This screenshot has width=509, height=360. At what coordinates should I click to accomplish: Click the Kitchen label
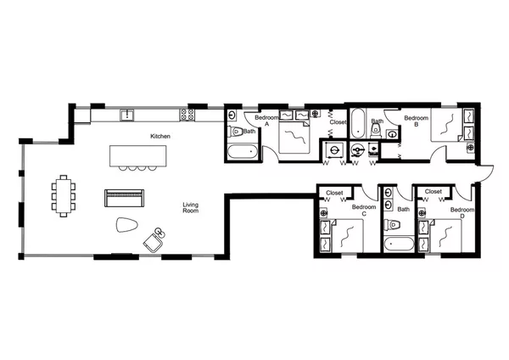point(161,136)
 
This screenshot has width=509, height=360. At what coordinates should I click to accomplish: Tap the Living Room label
point(191,207)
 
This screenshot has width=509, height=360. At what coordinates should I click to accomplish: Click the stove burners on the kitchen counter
point(184,115)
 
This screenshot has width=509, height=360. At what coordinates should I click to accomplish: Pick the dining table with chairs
point(64,195)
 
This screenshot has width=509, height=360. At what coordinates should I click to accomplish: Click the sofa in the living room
point(125,198)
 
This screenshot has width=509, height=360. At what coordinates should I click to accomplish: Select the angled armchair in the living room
point(153,239)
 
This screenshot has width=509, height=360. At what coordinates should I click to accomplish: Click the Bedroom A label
point(262,120)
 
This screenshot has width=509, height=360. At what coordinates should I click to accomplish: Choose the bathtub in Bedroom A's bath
point(241,153)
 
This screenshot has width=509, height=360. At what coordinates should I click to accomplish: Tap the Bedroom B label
point(415,120)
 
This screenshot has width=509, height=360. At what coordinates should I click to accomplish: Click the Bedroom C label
point(363,211)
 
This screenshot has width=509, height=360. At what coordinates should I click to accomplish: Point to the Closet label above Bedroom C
point(335,193)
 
